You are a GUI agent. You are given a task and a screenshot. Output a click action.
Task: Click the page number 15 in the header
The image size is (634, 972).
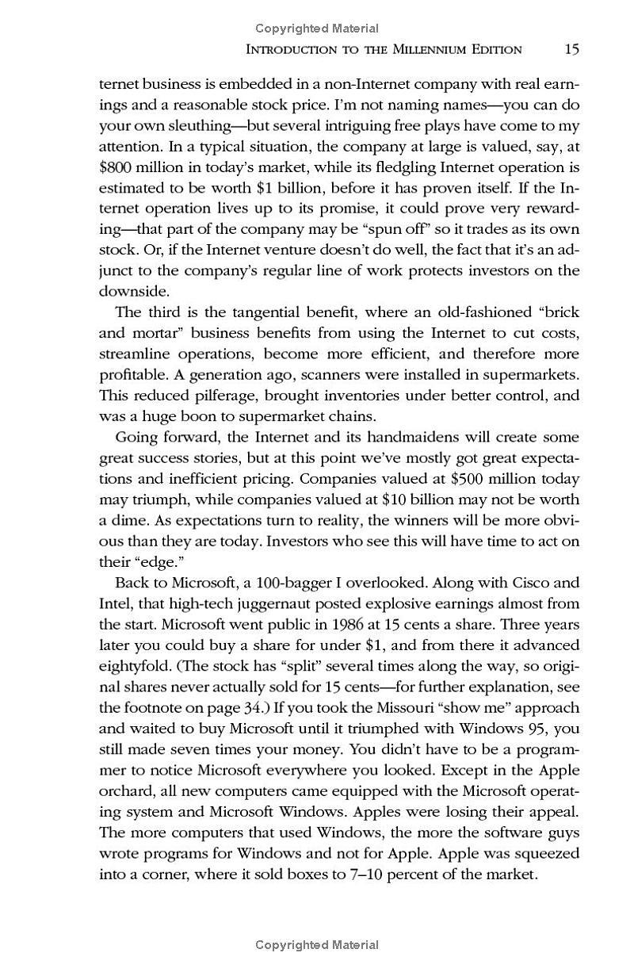[x=571, y=49]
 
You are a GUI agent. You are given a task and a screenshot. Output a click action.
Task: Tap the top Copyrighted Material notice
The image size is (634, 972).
[x=317, y=29]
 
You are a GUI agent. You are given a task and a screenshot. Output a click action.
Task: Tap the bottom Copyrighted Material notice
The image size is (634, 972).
[x=317, y=945]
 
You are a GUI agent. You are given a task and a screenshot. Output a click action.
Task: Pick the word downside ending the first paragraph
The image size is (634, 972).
[x=128, y=291]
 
